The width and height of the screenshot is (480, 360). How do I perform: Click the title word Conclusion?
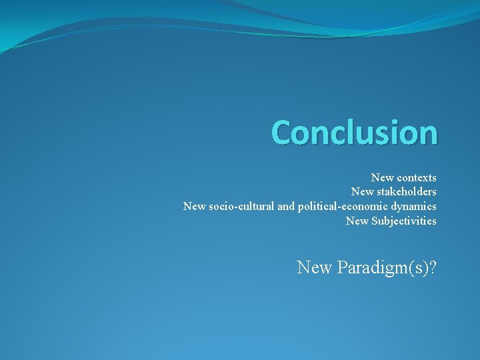pos(355,132)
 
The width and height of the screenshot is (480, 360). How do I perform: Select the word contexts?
pos(417,178)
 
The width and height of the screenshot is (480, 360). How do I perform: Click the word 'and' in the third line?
pos(285,207)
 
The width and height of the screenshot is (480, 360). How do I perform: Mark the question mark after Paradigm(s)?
pos(433,268)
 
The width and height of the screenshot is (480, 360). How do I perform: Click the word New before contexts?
pos(382,178)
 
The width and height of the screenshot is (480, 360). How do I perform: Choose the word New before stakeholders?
pos(363,192)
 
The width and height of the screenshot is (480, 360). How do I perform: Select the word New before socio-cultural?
pos(195,207)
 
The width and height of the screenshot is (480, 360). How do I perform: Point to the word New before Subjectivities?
pos(357,221)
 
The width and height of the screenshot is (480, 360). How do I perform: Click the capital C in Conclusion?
pos(281,132)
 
